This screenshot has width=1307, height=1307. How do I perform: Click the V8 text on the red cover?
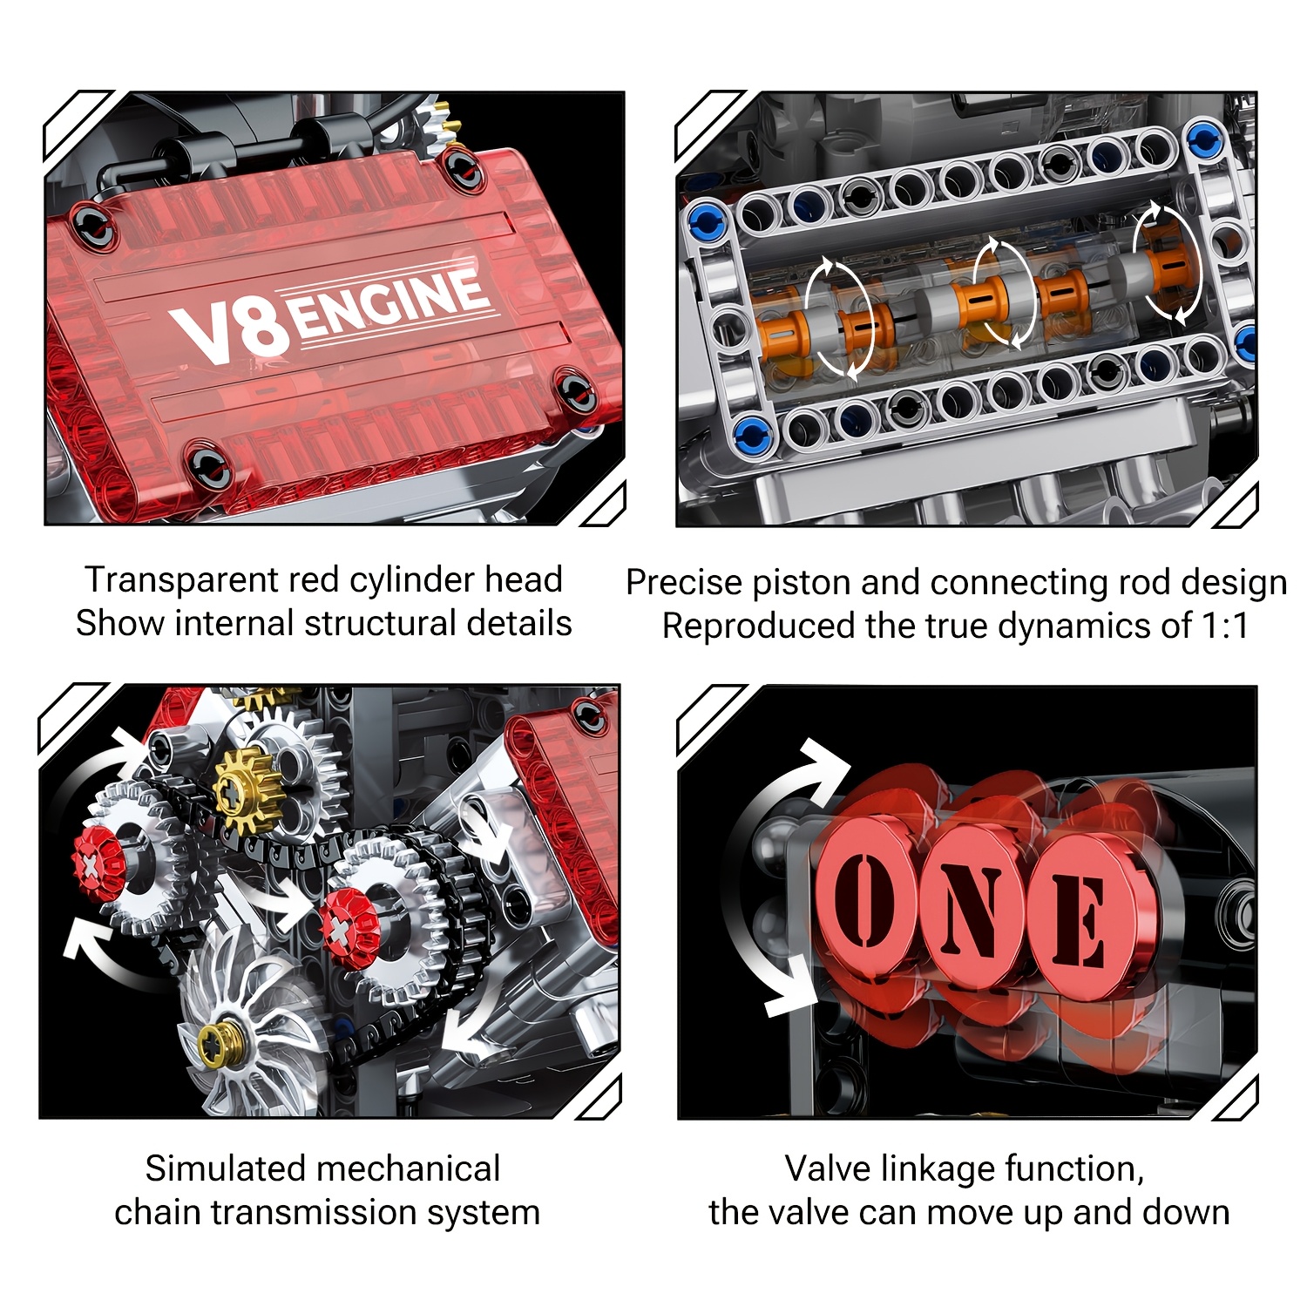coord(228,332)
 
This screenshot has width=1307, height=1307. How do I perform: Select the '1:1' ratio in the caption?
coord(1223,626)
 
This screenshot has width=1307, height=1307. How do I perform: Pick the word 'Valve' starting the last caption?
coord(827,1168)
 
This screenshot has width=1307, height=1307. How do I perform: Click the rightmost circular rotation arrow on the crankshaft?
coord(1165,261)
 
